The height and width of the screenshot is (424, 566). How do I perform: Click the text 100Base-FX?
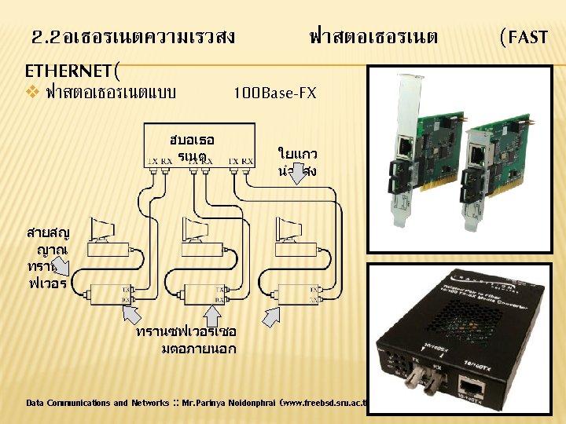(x=274, y=93)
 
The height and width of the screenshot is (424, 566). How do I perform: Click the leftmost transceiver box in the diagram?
(x=109, y=297)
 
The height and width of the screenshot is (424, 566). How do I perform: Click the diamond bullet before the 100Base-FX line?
(x=31, y=93)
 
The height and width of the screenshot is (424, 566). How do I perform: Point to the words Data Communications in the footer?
(x=68, y=403)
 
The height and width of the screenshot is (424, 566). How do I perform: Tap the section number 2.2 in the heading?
(x=46, y=36)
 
